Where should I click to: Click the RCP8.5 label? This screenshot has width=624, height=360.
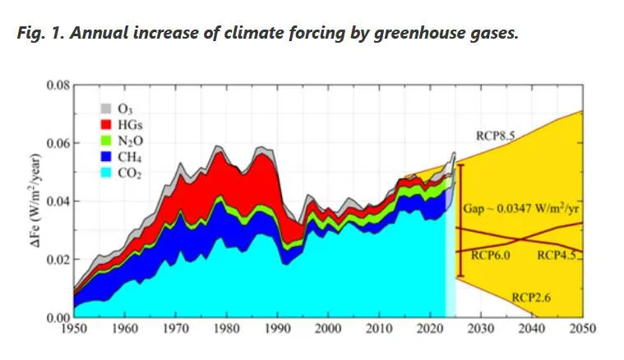click(x=496, y=134)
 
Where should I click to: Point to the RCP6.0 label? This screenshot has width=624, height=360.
click(x=492, y=256)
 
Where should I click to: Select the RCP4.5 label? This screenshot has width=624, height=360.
click(x=558, y=256)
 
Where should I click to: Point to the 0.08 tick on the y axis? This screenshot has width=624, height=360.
click(x=58, y=85)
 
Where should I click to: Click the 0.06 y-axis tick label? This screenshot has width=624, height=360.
click(x=58, y=143)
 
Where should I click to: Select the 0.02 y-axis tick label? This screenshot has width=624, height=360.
click(x=58, y=260)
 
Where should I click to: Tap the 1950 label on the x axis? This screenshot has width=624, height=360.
click(x=73, y=329)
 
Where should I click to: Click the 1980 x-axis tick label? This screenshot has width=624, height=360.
click(x=226, y=329)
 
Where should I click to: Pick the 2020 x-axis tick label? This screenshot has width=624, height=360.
click(x=430, y=329)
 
